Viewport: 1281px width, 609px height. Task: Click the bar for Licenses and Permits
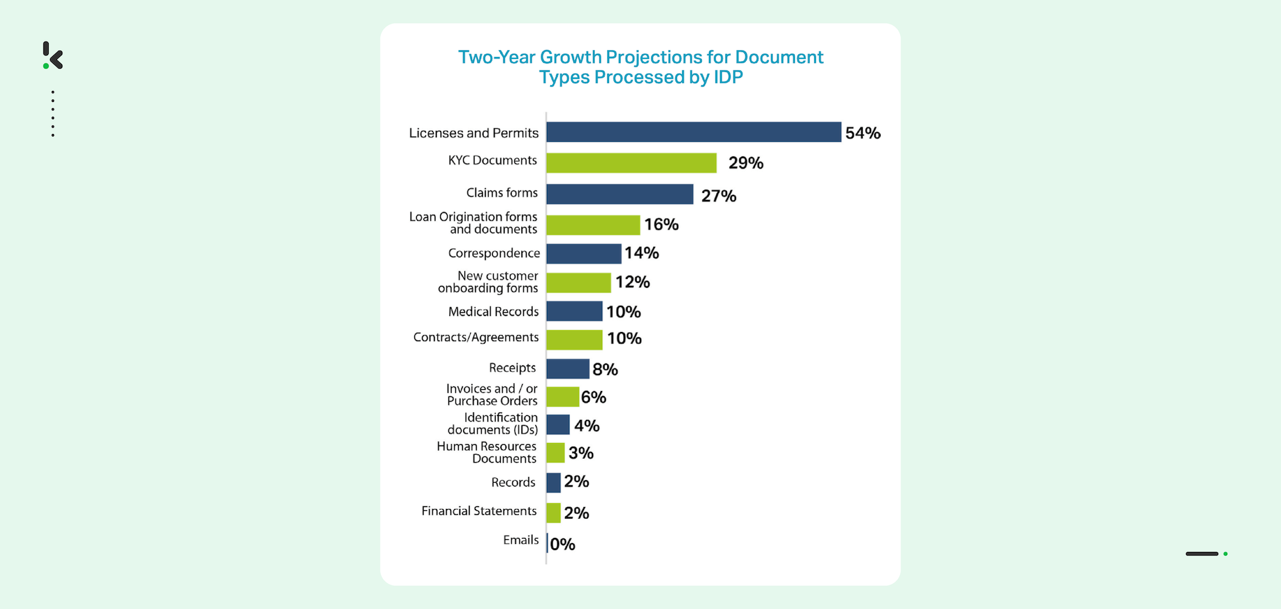(x=693, y=132)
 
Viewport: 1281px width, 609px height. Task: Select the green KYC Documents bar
(x=631, y=163)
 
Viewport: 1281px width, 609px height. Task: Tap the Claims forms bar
(x=619, y=194)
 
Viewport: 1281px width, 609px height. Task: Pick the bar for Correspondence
(x=583, y=253)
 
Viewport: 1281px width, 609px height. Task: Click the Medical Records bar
(x=574, y=312)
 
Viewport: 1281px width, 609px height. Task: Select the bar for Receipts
(x=567, y=369)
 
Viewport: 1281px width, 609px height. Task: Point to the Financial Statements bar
(x=553, y=513)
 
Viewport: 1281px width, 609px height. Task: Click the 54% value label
(x=863, y=133)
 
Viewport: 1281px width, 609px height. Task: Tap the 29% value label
(x=746, y=163)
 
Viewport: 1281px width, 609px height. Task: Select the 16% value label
(x=661, y=224)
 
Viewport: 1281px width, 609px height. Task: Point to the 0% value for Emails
(x=562, y=544)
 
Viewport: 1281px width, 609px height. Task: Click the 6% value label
(x=593, y=397)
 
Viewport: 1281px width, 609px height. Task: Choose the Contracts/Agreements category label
(x=476, y=337)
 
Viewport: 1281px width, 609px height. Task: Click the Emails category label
(x=521, y=540)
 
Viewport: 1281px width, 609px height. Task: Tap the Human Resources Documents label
(x=487, y=453)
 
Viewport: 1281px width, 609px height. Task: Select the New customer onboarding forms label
(x=489, y=282)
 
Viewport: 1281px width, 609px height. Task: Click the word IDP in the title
(x=728, y=78)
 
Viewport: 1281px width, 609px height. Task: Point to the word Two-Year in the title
(x=496, y=58)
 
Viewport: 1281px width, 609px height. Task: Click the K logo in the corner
(x=53, y=56)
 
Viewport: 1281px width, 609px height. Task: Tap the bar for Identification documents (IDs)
(x=558, y=424)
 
